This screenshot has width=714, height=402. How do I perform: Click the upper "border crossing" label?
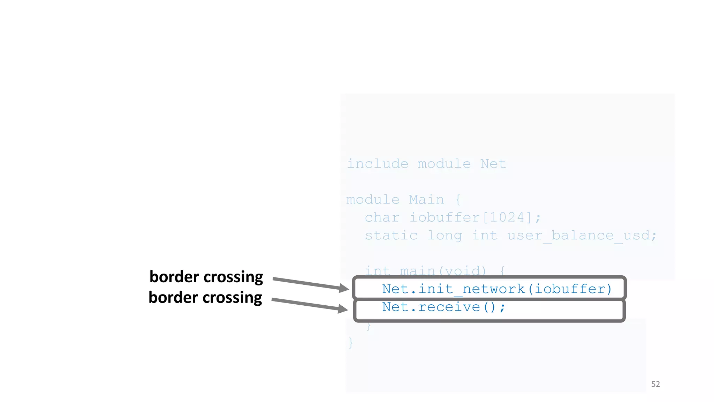tap(206, 277)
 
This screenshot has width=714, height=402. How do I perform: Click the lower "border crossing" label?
tap(205, 298)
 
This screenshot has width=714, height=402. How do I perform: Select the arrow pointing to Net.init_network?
tap(310, 283)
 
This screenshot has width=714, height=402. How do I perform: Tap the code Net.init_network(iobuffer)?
tap(496, 289)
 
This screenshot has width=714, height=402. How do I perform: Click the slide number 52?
tap(655, 384)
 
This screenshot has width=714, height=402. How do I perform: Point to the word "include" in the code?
tap(378, 164)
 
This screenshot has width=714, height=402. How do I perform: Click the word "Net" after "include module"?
tap(493, 164)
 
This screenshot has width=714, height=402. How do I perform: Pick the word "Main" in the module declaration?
tap(426, 200)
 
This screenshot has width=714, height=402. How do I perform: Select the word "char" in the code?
tap(382, 217)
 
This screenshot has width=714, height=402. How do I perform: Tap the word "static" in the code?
tap(391, 236)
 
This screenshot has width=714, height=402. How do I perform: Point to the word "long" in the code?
tap(445, 236)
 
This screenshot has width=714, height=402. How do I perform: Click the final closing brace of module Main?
tap(351, 343)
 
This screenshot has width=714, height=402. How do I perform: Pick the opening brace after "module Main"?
tap(458, 200)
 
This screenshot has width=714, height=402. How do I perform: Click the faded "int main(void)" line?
tap(425, 271)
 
